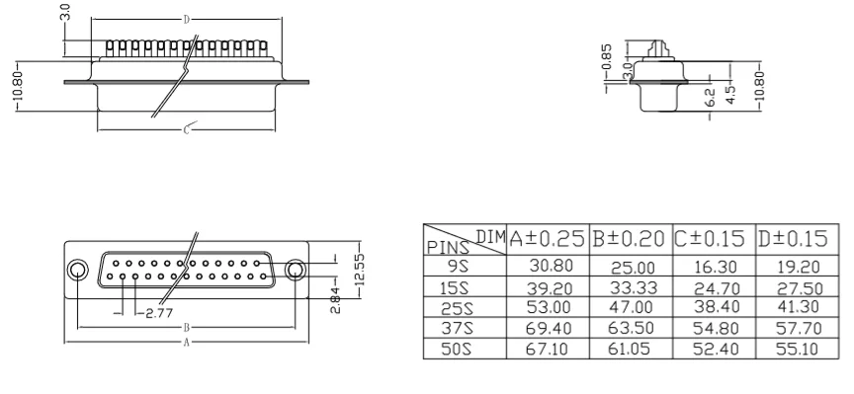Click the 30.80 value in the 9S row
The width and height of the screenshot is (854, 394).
coord(551,266)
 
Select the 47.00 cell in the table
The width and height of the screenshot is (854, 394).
coord(632,307)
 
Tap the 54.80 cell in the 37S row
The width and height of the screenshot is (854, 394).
coord(716,328)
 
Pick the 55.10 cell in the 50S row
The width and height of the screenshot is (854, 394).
coord(798,349)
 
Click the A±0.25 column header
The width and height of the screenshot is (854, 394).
coord(548,238)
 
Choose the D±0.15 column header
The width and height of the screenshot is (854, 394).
coord(793,238)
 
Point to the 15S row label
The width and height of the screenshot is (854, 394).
coord(457,287)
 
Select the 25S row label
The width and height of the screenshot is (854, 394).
coord(457,308)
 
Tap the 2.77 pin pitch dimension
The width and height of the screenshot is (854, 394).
coord(159,313)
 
